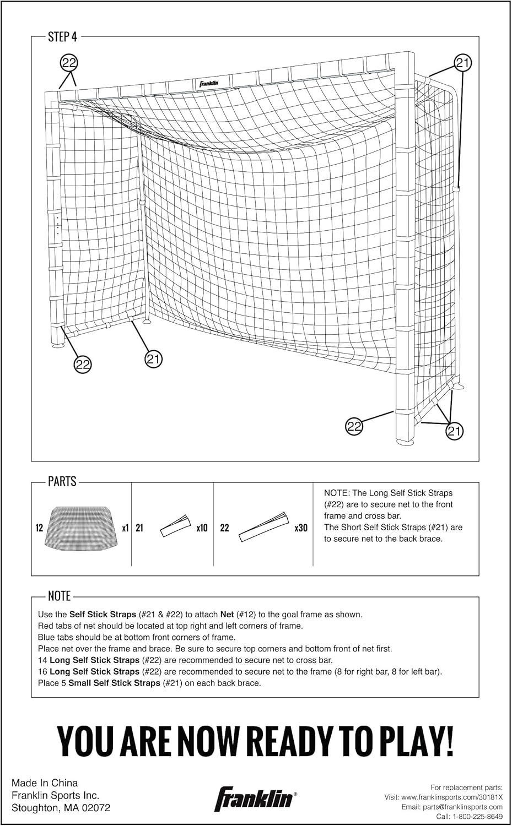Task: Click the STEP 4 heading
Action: tap(62, 37)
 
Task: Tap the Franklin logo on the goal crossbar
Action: tap(209, 84)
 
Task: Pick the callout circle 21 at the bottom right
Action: tap(453, 431)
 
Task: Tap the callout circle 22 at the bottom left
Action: tap(83, 364)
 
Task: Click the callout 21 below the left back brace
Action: tap(153, 359)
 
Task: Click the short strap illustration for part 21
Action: tap(175, 527)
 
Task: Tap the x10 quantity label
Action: tap(202, 528)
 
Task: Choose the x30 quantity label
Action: tap(301, 528)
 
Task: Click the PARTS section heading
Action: tap(62, 482)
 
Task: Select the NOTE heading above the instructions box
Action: tap(59, 596)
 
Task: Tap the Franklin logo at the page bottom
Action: tap(255, 798)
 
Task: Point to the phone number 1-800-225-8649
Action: tap(475, 817)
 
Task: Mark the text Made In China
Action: tap(45, 782)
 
